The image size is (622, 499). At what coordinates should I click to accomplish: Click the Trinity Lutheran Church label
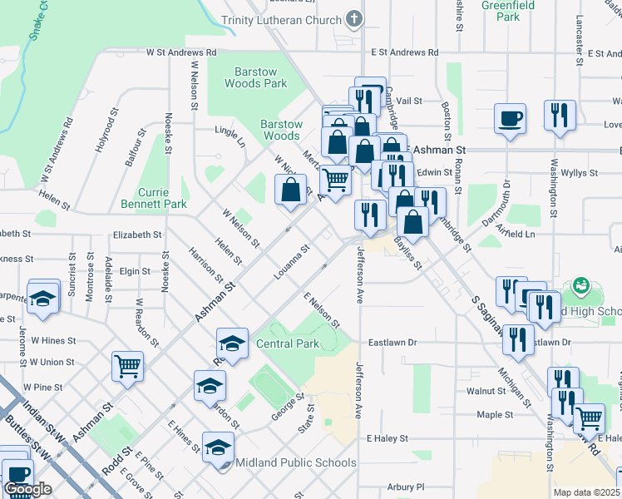click(282, 20)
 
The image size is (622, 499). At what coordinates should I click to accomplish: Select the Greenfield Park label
click(512, 11)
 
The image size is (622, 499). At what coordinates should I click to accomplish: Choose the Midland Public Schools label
click(296, 462)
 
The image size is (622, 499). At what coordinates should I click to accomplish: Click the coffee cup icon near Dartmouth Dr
click(511, 118)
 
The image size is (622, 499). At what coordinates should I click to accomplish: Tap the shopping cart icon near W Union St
click(127, 365)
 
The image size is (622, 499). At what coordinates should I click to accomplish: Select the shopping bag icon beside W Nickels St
click(289, 189)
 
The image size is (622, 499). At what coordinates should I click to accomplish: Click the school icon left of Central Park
click(233, 343)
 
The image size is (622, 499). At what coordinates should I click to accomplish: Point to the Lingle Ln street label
click(230, 136)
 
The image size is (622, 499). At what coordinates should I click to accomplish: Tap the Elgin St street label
click(135, 271)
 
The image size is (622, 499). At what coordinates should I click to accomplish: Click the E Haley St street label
click(388, 437)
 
